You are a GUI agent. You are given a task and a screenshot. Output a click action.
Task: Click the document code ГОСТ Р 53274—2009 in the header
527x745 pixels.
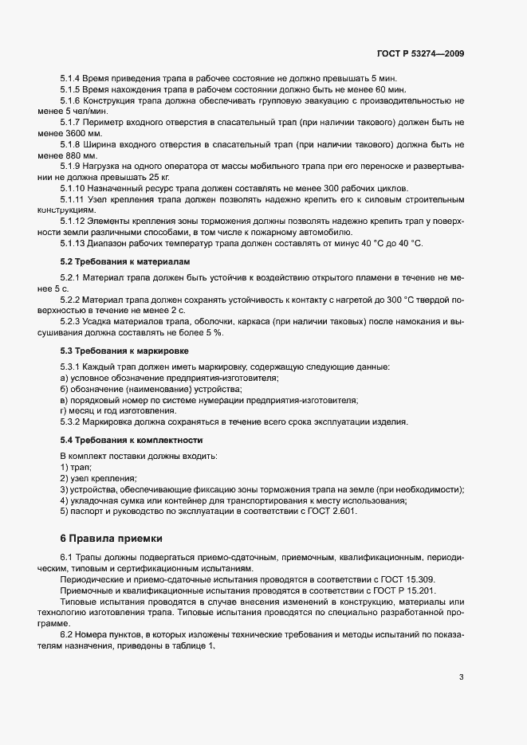(x=420, y=54)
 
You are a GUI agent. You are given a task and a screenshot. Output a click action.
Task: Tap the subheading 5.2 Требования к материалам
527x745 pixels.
(x=125, y=261)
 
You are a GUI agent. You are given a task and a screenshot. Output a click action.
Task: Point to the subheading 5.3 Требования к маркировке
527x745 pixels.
(x=125, y=351)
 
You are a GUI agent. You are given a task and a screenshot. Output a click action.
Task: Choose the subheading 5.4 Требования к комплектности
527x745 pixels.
(x=132, y=440)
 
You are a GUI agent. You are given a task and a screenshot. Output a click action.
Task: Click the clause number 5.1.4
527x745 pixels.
(x=72, y=79)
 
